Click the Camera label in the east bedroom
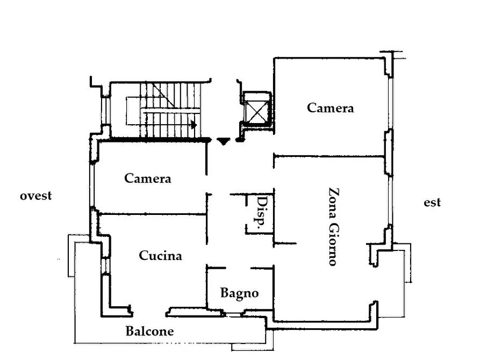(331, 108)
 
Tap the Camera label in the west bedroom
(148, 178)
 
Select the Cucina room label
(160, 255)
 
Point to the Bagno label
(239, 293)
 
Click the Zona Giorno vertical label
(334, 227)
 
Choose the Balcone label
(149, 331)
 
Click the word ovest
(36, 196)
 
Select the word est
(432, 203)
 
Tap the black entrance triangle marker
(224, 141)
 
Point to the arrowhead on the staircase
(194, 125)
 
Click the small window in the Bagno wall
(234, 314)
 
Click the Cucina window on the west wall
(105, 265)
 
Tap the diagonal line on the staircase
(163, 95)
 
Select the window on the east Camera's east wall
(390, 104)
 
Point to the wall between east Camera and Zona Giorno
(329, 156)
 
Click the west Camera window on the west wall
(92, 185)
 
